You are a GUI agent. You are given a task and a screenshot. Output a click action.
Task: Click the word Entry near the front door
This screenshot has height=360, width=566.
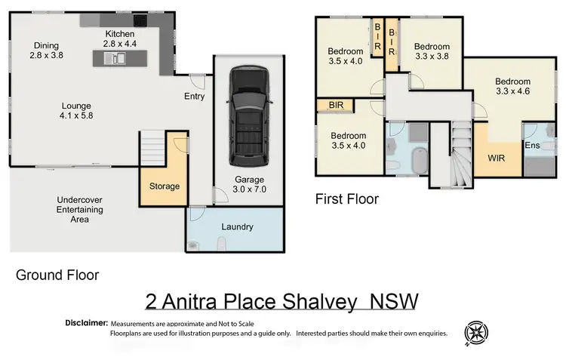pos(195,96)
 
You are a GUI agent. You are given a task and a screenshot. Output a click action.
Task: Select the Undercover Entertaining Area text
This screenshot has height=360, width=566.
pos(80,209)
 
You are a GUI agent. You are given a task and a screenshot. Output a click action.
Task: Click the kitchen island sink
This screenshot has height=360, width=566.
pos(119,57)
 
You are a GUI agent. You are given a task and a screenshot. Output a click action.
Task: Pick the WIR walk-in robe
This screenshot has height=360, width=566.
pos(496,158)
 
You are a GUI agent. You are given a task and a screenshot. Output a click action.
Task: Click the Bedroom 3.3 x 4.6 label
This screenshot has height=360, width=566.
pos(512,87)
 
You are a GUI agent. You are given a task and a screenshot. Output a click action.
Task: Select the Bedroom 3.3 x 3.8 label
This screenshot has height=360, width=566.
pos(432,51)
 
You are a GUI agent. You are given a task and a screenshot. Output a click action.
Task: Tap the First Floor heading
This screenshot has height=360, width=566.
pos(346,199)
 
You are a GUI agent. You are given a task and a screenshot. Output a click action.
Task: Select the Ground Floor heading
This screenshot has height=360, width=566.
pos(57,275)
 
